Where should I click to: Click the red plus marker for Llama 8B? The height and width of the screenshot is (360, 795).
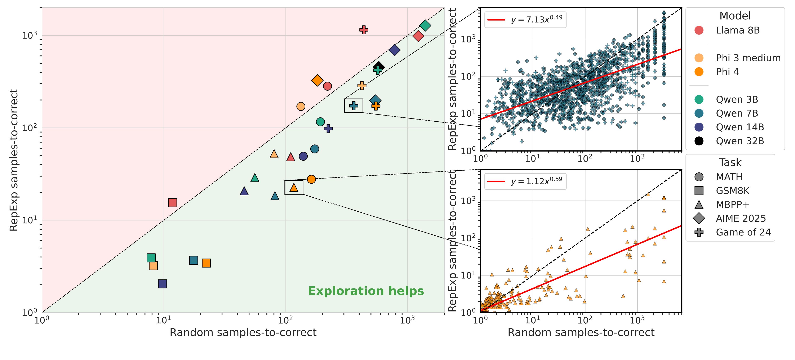pos(364,30)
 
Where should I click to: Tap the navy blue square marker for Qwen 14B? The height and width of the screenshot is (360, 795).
pos(162,284)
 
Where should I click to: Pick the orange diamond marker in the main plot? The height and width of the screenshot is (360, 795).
pos(317,81)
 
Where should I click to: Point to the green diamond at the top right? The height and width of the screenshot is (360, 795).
pos(425,25)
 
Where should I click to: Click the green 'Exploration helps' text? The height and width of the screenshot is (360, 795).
pos(366,291)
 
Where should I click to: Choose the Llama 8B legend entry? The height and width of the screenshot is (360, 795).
pos(738,30)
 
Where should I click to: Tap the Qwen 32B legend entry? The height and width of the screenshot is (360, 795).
pos(740,141)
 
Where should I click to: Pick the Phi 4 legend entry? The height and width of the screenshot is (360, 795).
pos(727,72)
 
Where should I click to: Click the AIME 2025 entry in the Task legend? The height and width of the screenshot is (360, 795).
pos(741,218)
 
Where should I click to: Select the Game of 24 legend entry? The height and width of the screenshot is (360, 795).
pos(743,232)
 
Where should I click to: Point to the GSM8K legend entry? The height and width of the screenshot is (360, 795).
pos(733,191)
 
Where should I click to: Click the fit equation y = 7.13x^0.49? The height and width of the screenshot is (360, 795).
pos(536,19)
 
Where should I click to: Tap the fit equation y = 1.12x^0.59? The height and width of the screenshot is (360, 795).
pos(536,181)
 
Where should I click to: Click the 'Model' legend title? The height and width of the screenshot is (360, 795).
pos(735,16)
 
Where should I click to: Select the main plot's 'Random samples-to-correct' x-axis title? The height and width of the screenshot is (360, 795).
pos(243,333)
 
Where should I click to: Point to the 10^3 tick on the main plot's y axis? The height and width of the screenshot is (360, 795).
pos(29,35)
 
